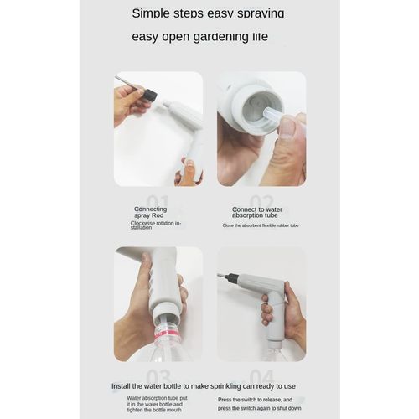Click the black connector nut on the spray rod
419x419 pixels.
pos(151,96)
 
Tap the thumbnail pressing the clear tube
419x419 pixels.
pos(287,127)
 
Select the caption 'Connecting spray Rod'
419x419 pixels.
pos(150,213)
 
